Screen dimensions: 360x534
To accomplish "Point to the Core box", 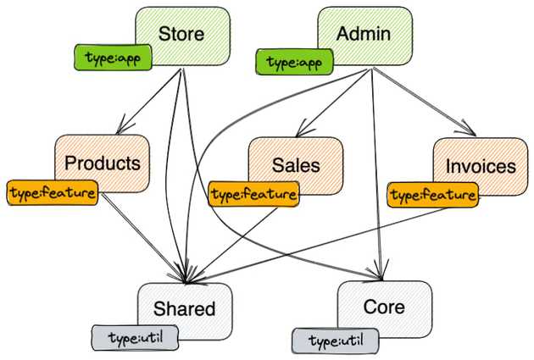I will (385, 306).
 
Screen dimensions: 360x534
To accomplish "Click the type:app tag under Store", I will (107, 58).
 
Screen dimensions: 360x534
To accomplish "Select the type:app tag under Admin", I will (293, 62).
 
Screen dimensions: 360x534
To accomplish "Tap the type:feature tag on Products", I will (52, 193).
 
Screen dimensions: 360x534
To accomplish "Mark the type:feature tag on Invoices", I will (432, 197).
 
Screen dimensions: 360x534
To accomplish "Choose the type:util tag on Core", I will (336, 341).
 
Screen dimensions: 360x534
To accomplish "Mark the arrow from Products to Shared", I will (144, 237).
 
